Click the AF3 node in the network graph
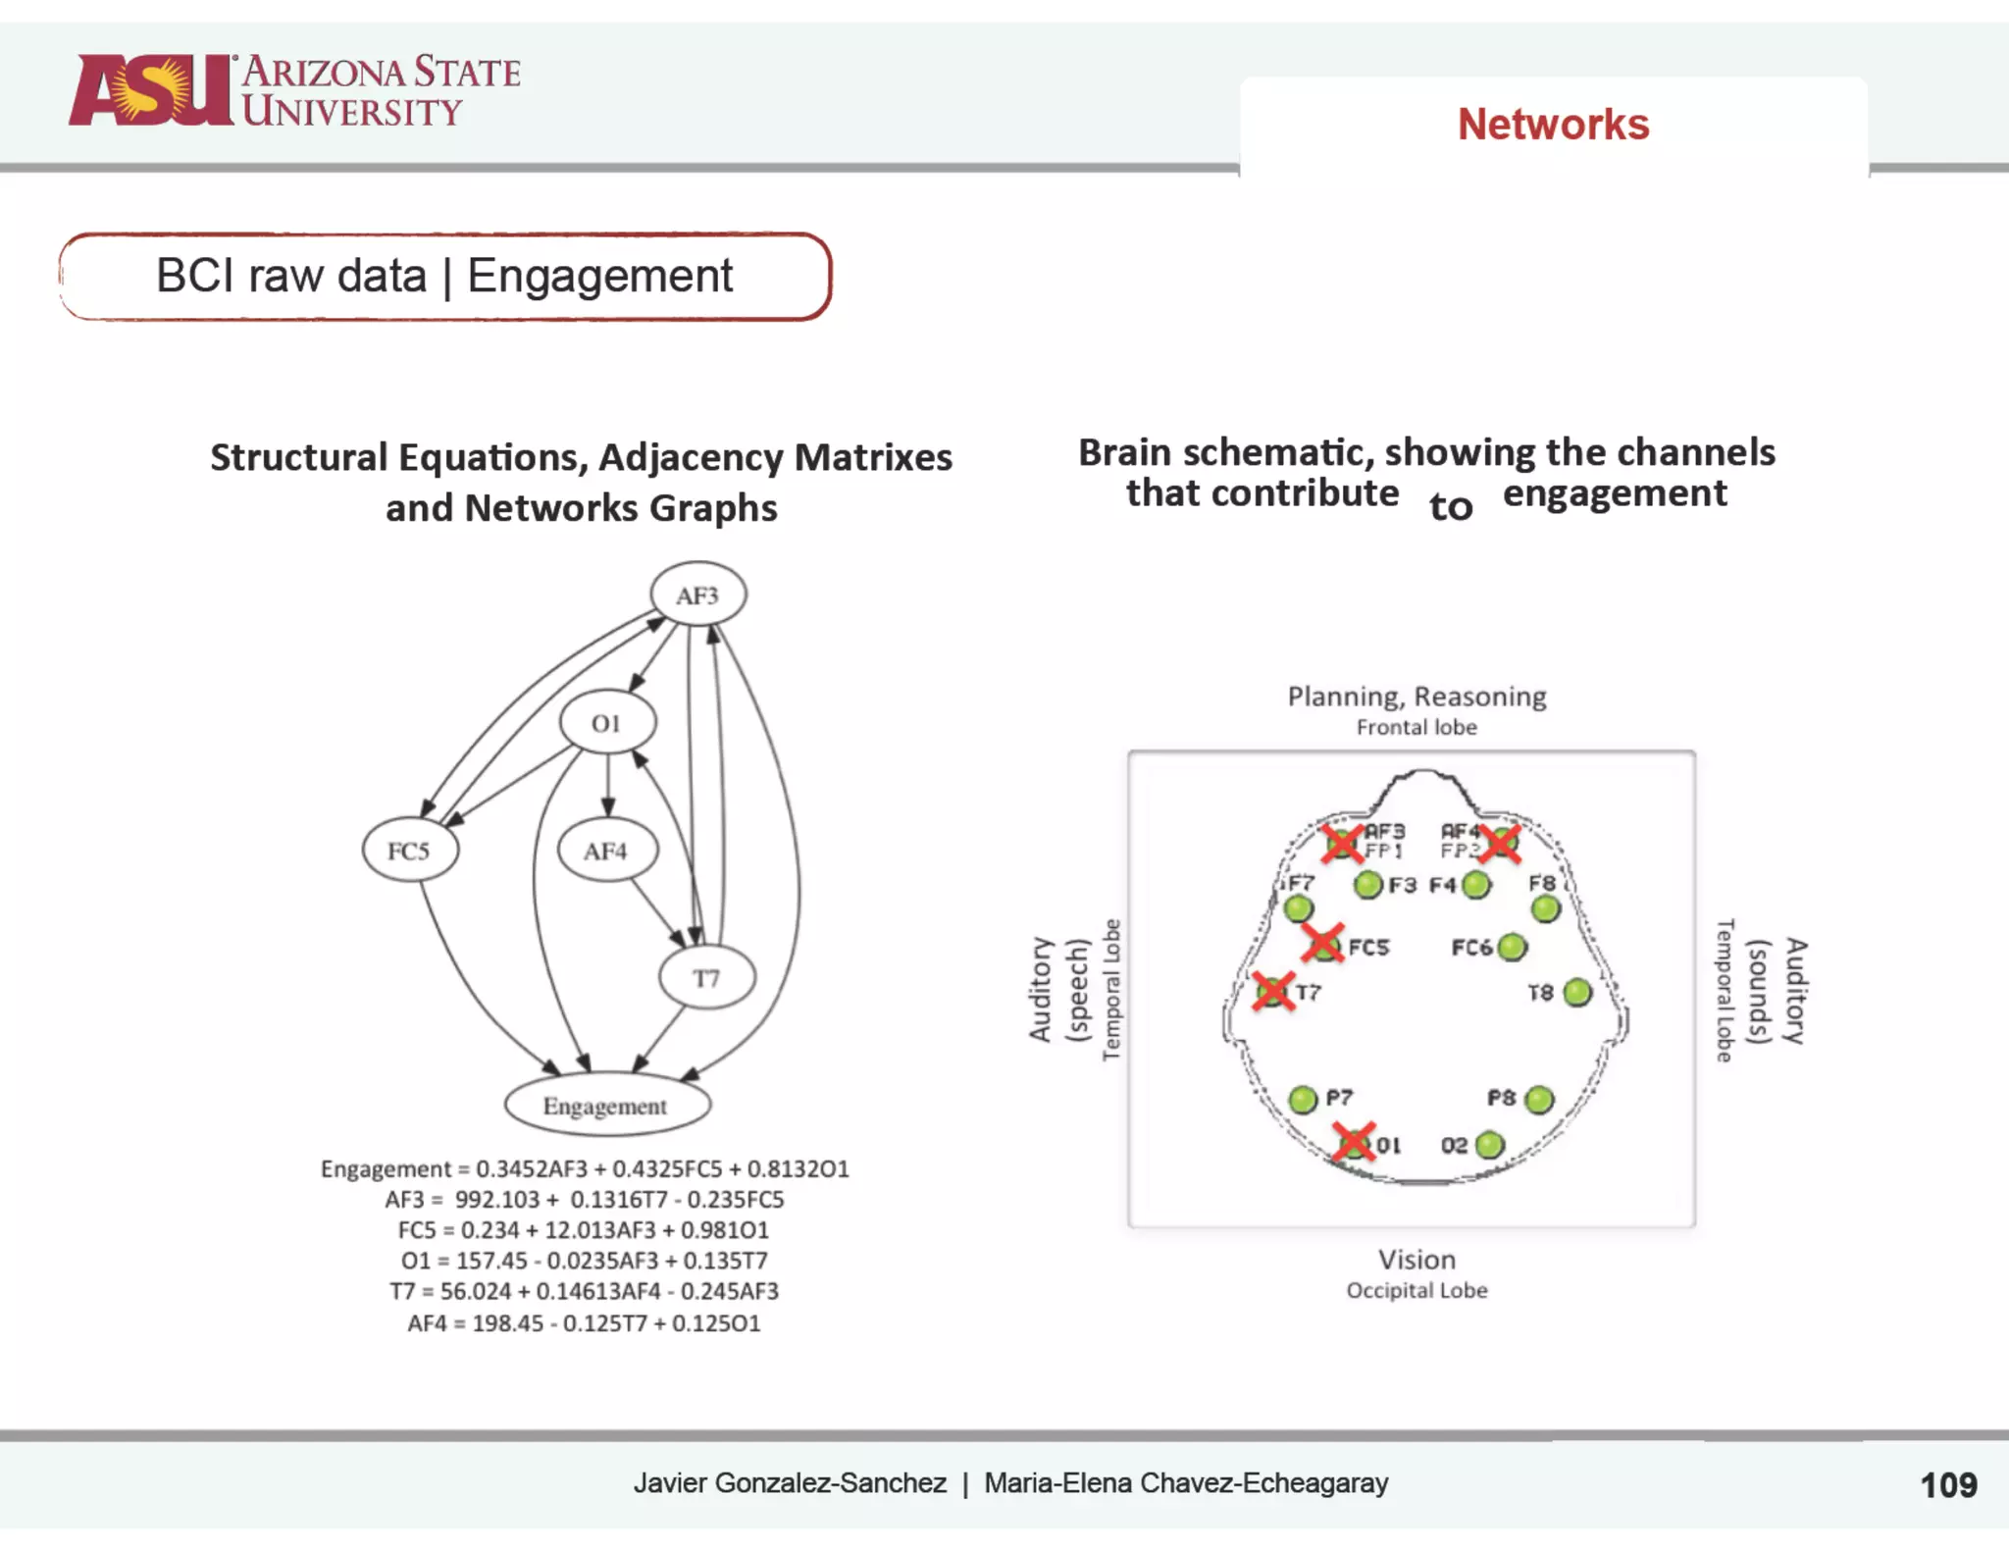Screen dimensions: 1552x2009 (x=697, y=595)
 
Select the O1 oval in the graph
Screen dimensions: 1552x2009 (x=607, y=723)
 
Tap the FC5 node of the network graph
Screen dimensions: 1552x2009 (x=409, y=851)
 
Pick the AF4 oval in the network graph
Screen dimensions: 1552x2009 (x=606, y=851)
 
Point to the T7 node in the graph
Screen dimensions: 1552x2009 (x=706, y=978)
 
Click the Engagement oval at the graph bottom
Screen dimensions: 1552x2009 (x=606, y=1106)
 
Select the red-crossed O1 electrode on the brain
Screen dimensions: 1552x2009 (x=1355, y=1143)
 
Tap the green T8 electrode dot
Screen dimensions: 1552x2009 (x=1577, y=993)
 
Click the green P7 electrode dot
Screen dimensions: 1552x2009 (x=1303, y=1100)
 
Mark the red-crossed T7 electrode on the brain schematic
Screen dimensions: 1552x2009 (x=1273, y=991)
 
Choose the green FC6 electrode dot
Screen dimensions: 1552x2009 (x=1513, y=947)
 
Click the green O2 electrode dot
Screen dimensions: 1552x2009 (x=1489, y=1145)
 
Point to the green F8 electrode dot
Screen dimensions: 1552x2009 (x=1546, y=909)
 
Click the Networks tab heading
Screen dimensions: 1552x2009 (x=1553, y=125)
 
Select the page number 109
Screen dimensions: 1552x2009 (x=1947, y=1485)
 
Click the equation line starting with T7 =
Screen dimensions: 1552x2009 (x=584, y=1291)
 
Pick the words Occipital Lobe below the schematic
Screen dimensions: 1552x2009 (x=1417, y=1290)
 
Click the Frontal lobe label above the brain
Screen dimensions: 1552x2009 (x=1417, y=727)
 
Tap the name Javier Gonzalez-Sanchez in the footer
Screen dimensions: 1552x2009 (x=790, y=1482)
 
